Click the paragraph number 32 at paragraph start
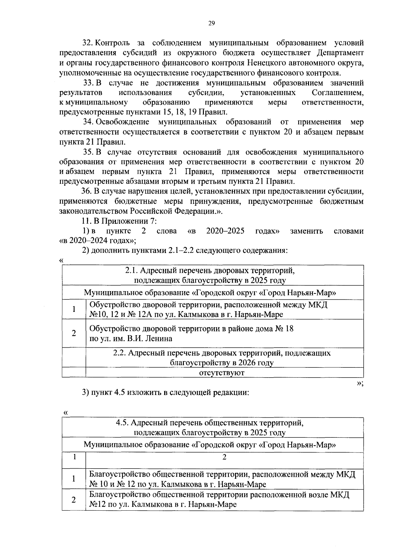click(87, 43)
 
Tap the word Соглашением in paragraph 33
click(338, 93)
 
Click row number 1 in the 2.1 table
click(74, 309)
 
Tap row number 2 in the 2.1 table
click(74, 333)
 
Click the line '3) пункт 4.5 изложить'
click(165, 393)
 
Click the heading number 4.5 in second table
click(123, 423)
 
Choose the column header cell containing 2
click(225, 457)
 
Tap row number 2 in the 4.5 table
click(74, 500)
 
